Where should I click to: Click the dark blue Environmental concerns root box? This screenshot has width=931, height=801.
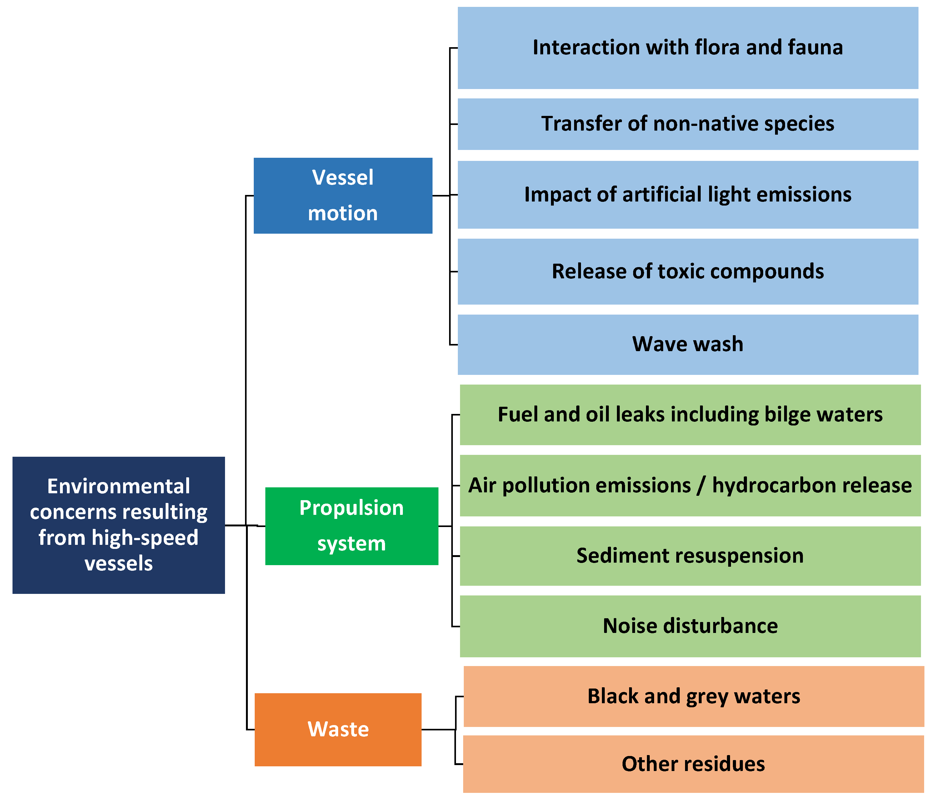[x=119, y=525]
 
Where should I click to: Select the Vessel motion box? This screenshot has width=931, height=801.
[x=343, y=196]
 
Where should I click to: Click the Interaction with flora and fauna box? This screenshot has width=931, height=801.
[x=688, y=47]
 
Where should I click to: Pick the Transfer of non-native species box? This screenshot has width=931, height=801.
[x=688, y=124]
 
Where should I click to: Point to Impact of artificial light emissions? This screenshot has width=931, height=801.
[x=688, y=195]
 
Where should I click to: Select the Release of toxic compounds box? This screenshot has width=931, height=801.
[x=688, y=271]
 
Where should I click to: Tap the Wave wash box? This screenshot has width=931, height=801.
[x=688, y=344]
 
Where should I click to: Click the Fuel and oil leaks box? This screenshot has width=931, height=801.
[x=690, y=414]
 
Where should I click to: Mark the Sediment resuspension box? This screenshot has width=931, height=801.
[x=690, y=556]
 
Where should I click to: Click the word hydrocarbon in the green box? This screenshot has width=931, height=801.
[x=773, y=486]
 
